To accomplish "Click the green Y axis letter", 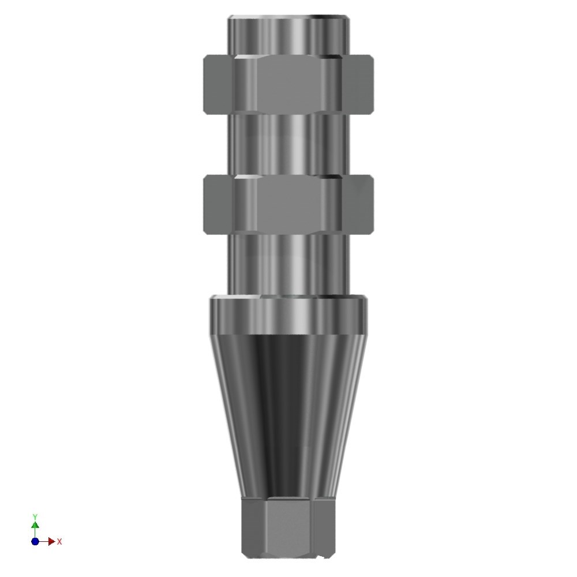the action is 35,517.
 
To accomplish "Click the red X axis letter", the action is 59,542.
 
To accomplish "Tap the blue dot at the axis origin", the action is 35,541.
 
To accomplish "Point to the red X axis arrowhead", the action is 51,541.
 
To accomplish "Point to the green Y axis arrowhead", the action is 35,525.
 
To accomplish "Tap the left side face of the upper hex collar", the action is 219,84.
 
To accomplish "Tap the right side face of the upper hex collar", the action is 358,84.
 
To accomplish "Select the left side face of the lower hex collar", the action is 219,205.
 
